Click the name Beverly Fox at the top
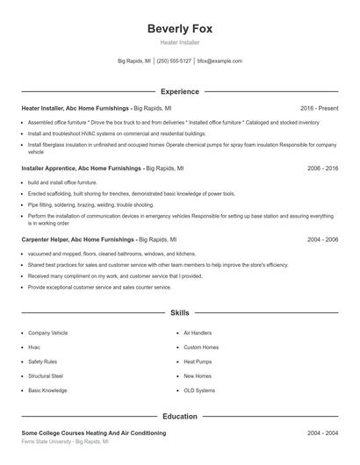[x=179, y=28]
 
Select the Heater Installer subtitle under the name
[x=179, y=42]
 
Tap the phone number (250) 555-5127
[x=174, y=61]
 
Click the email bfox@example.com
[x=220, y=61]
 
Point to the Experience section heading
[x=179, y=91]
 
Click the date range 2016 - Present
[x=320, y=108]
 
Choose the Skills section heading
[x=179, y=312]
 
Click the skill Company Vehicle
[x=47, y=333]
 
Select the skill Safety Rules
[x=42, y=361]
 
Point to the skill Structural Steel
[x=46, y=376]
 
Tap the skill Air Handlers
[x=198, y=333]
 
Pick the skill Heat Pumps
[x=198, y=361]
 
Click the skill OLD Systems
[x=199, y=390]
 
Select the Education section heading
[x=179, y=417]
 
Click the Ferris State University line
[x=65, y=442]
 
